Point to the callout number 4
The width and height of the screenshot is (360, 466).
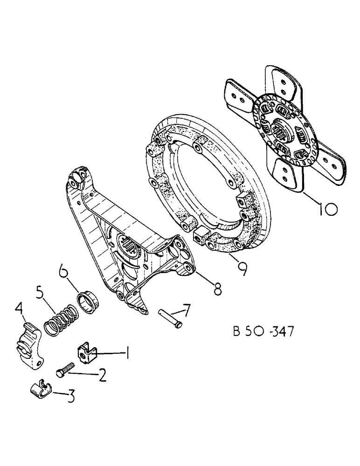pyautogui.click(x=20, y=308)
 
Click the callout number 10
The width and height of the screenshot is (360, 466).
pyautogui.click(x=323, y=208)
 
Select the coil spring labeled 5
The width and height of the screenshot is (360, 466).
pyautogui.click(x=60, y=318)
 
